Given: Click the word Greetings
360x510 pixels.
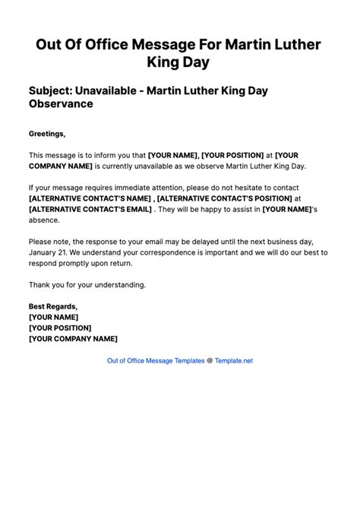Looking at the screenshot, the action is (47, 134).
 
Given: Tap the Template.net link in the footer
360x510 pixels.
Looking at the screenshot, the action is (233, 360).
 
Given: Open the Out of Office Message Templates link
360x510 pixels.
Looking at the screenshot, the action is (156, 360).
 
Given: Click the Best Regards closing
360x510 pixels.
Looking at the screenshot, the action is (54, 306).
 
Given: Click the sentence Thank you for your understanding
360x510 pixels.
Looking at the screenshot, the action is (87, 285).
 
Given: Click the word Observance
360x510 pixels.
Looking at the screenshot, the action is (61, 104).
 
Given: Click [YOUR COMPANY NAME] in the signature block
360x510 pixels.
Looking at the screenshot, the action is (73, 338).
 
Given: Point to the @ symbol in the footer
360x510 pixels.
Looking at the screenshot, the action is (210, 360).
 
